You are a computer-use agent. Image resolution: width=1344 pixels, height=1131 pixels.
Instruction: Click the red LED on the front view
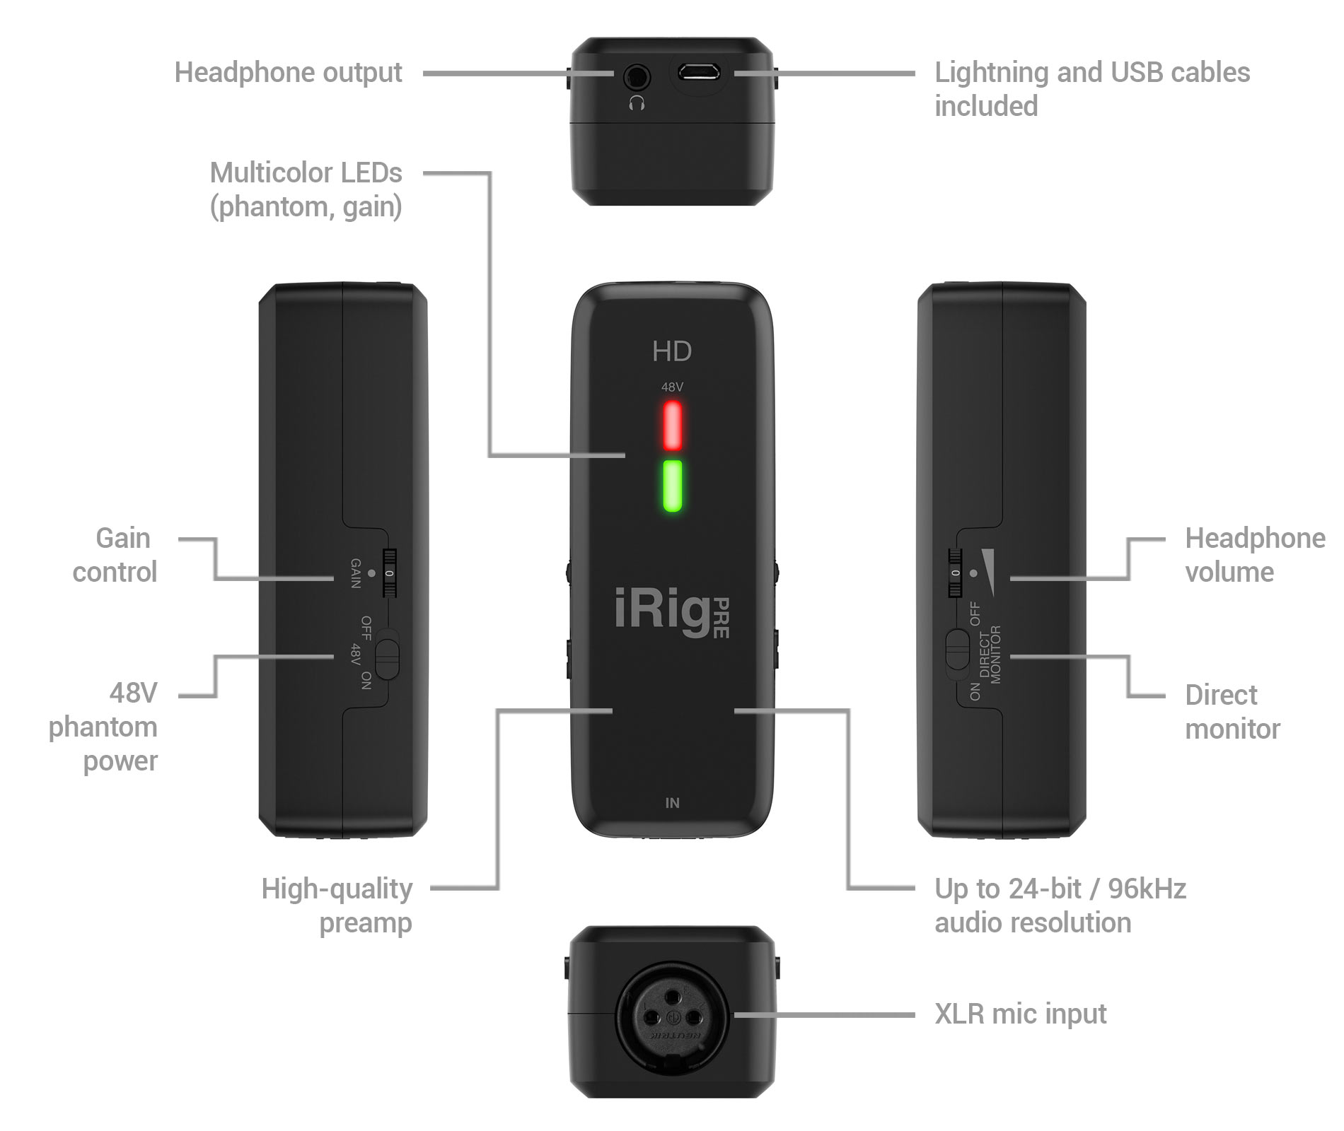pos(672,426)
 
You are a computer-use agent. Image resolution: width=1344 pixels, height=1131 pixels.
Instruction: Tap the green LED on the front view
pos(672,486)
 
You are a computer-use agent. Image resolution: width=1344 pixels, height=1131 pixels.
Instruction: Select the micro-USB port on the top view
pos(698,72)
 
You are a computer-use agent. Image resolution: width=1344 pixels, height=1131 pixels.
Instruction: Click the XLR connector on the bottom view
pos(672,1016)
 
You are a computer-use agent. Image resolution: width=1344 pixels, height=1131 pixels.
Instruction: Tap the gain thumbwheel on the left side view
pos(389,573)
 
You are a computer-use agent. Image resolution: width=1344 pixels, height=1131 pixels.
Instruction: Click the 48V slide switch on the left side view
pos(387,658)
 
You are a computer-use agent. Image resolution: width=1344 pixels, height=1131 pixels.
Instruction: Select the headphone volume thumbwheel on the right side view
pos(956,573)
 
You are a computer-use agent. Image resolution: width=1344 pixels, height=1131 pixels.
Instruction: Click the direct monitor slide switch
pos(956,649)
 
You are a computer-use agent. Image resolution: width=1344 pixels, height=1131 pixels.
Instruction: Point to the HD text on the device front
pos(672,351)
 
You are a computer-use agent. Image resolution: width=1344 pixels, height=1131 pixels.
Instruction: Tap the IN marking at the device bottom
pos(672,803)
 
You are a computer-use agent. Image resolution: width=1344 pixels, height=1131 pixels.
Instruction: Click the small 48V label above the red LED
pos(672,387)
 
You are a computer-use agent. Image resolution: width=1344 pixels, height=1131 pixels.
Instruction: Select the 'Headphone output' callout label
pos(288,72)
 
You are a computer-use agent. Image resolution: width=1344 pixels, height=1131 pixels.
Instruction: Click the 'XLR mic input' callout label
pos(1020,1014)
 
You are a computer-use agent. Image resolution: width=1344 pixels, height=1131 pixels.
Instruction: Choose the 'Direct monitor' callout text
pos(1232,712)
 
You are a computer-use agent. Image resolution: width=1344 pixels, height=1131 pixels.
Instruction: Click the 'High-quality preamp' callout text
pos(337,906)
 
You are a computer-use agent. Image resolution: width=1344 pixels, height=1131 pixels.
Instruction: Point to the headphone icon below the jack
pos(637,104)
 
